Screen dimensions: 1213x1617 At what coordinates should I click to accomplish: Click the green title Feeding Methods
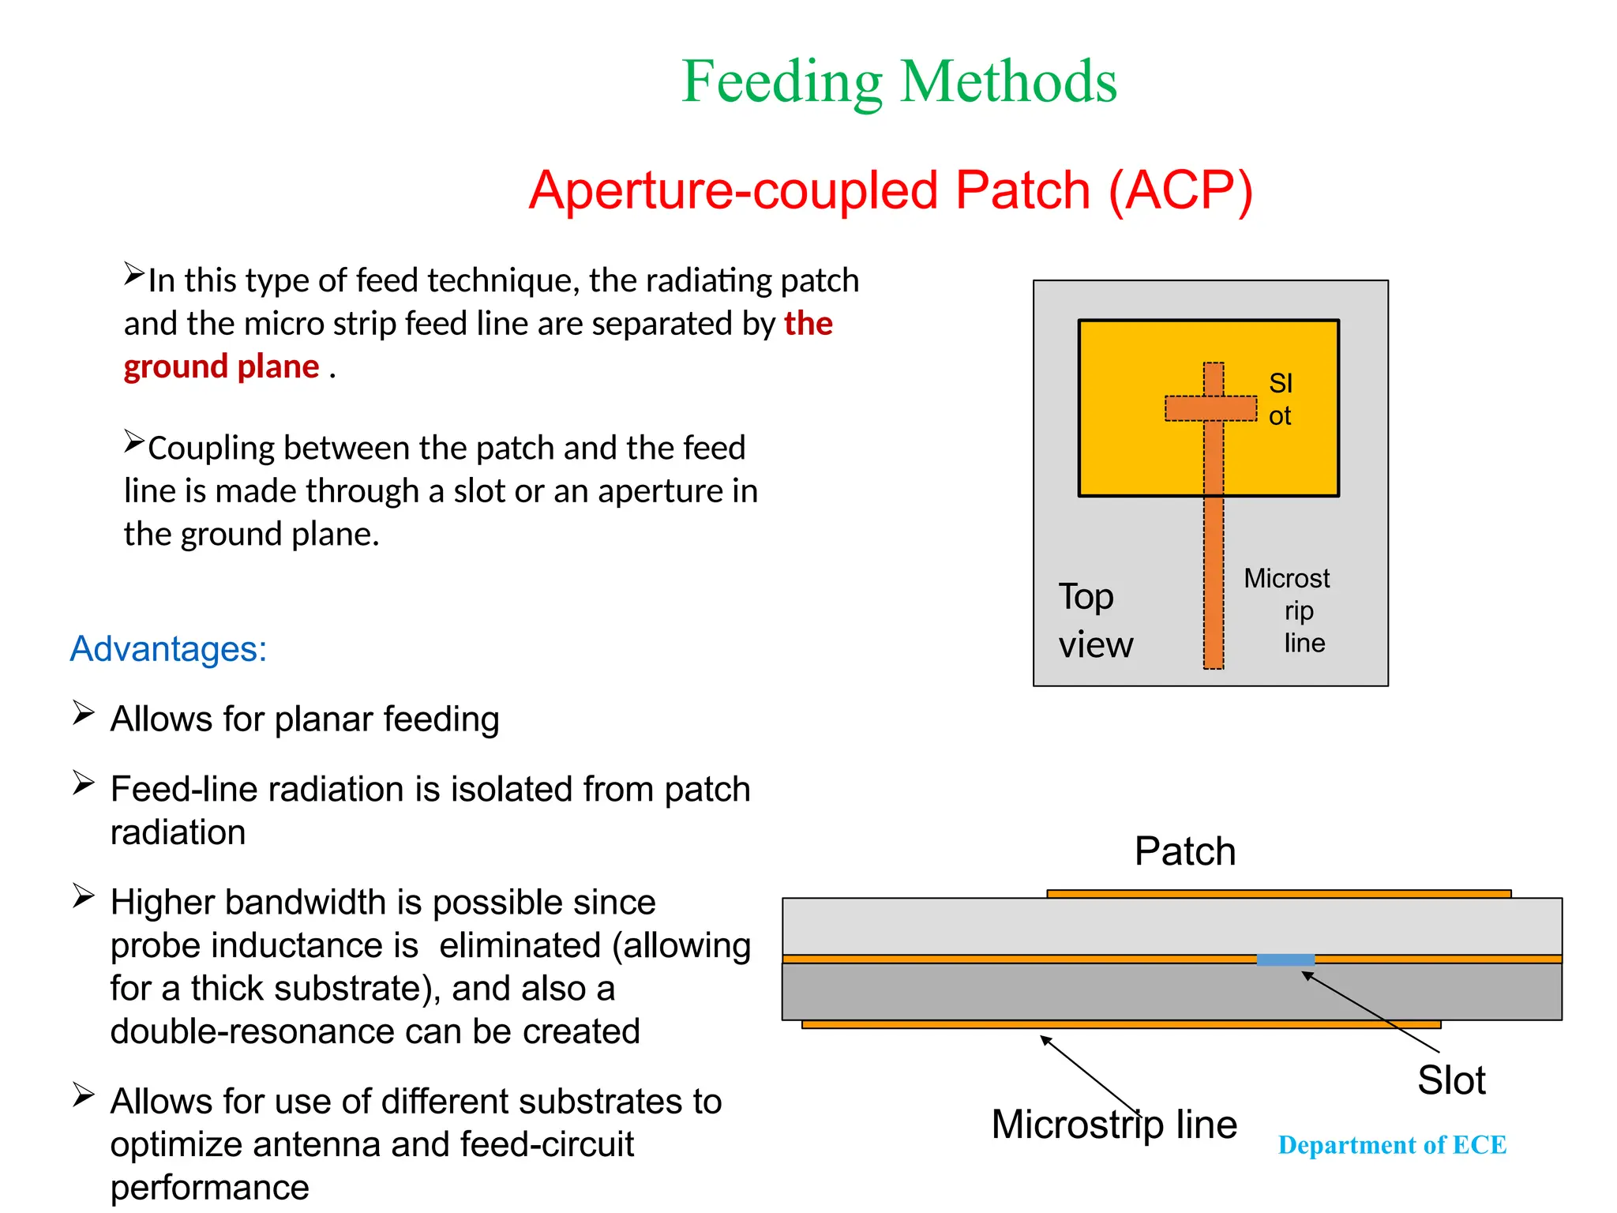coord(899,82)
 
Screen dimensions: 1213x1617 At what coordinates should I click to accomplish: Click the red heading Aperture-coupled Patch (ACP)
coord(891,191)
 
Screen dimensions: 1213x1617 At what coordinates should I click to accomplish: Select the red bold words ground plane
coord(221,367)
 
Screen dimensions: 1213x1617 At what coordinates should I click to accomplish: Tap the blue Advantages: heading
coord(168,649)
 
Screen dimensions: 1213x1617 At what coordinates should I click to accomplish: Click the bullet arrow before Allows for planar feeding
coord(83,712)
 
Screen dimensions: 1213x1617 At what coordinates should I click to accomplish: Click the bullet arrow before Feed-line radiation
coord(83,783)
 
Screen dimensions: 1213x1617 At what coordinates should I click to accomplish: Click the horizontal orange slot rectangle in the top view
coord(1210,408)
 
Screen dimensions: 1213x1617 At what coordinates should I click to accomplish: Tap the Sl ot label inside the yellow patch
coord(1280,400)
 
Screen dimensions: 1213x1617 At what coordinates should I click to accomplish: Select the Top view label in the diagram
coord(1094,621)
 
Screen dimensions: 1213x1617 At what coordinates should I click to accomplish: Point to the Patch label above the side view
coord(1184,851)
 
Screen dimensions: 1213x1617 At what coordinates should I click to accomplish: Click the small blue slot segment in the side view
coord(1285,960)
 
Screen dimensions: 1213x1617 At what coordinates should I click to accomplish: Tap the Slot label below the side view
coord(1450,1080)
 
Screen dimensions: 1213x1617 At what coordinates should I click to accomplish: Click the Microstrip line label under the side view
coord(1113,1125)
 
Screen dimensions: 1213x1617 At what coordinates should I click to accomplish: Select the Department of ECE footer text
coord(1392,1145)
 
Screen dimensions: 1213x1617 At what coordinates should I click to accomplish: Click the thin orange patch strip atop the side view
coord(1278,894)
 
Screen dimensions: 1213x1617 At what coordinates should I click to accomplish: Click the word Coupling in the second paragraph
coord(211,449)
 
